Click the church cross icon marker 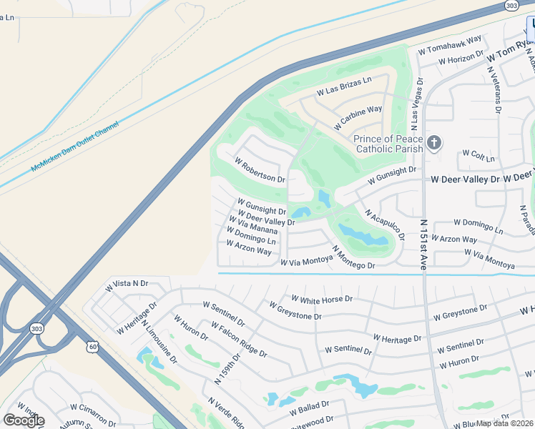click(433, 144)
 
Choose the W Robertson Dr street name click(259, 169)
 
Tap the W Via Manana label click(253, 225)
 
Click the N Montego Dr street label click(353, 257)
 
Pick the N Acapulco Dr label click(384, 225)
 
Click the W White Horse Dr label click(322, 298)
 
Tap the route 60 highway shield click(94, 346)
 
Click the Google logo click(24, 420)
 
